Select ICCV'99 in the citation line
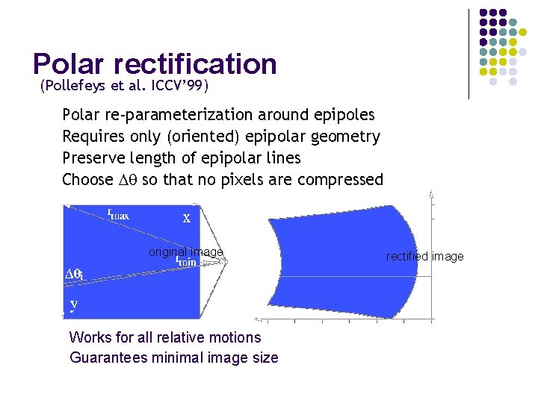[x=180, y=86]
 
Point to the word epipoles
[x=342, y=115]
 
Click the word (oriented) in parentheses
[x=207, y=137]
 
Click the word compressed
[x=340, y=180]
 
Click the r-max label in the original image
[x=118, y=215]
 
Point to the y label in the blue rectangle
[x=73, y=304]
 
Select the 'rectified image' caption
[x=424, y=257]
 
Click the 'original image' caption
[x=185, y=252]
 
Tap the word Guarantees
[x=108, y=357]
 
